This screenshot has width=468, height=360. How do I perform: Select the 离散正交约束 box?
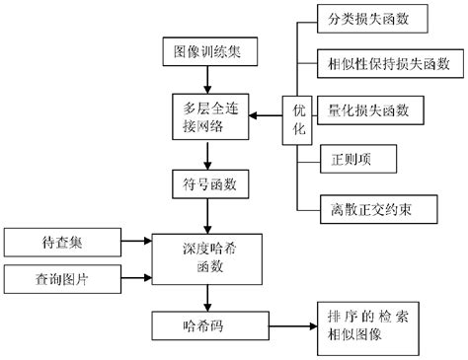(x=369, y=207)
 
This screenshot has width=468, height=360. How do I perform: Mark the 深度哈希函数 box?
(x=203, y=256)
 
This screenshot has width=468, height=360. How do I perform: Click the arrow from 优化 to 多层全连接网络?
(x=265, y=116)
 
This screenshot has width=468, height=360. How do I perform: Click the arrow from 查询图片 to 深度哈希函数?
(x=136, y=277)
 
